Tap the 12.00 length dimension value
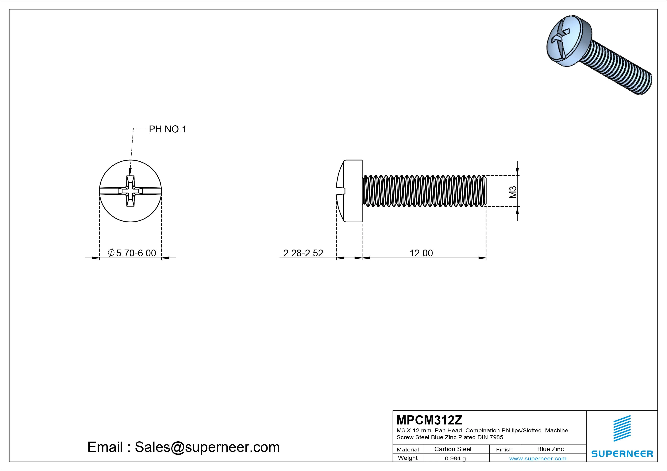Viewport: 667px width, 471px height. [421, 253]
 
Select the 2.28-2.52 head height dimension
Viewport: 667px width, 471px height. [303, 253]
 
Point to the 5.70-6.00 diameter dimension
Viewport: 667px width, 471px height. [132, 253]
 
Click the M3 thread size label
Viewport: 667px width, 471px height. [513, 192]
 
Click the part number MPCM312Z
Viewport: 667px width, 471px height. [429, 420]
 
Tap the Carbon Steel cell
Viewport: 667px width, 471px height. [453, 449]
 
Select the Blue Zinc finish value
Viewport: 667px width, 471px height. [550, 449]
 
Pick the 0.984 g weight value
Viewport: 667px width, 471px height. [455, 458]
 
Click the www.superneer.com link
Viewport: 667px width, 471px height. [538, 458]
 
